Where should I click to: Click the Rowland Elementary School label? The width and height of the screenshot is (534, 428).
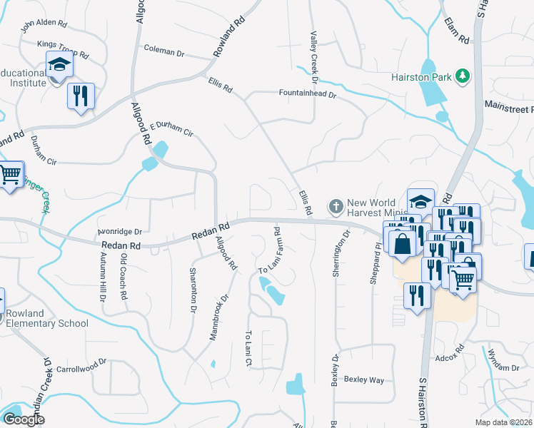tap(47, 318)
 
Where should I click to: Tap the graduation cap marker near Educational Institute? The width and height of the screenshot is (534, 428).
tap(60, 66)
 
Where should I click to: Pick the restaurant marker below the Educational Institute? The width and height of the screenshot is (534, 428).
tap(81, 96)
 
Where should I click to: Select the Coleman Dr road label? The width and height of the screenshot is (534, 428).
tap(163, 51)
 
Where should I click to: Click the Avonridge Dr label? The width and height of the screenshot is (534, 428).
tap(119, 232)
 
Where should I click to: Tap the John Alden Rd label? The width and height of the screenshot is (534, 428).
tap(44, 27)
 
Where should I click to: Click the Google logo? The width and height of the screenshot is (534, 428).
tap(24, 419)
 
